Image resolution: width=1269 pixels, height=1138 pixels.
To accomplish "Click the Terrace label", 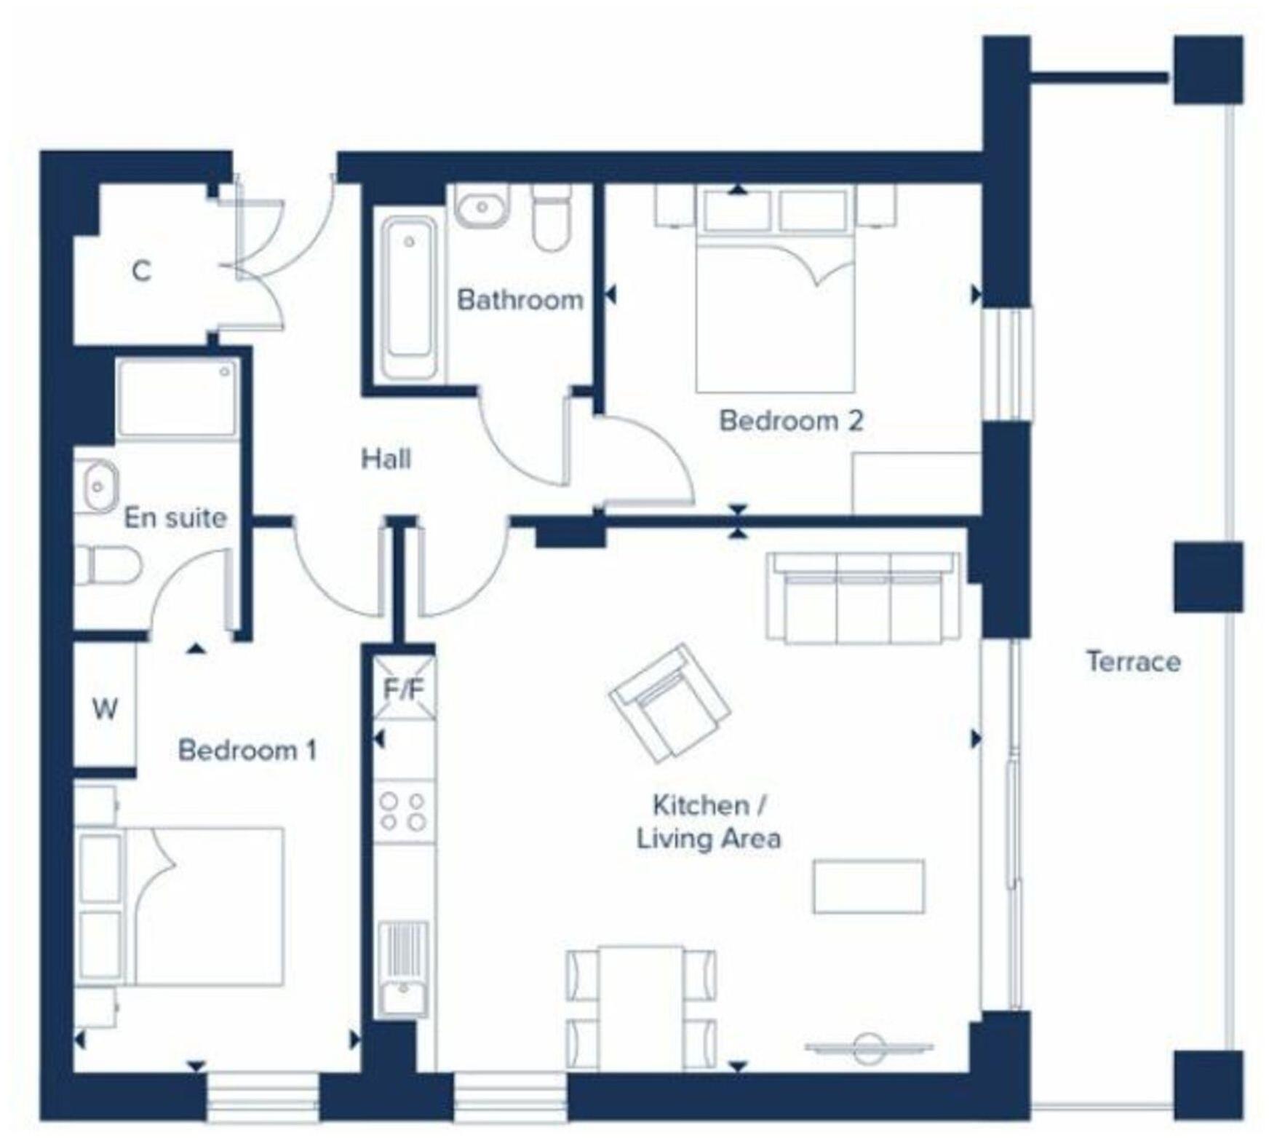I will tap(1133, 661).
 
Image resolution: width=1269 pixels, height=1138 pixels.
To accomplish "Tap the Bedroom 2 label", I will tap(791, 420).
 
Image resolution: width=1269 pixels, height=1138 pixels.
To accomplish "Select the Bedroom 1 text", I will tap(247, 750).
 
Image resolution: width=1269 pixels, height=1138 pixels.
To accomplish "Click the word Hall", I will tap(386, 459).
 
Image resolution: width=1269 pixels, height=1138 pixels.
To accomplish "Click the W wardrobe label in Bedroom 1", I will tap(105, 708).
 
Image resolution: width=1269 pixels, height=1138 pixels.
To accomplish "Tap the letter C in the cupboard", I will tap(141, 271).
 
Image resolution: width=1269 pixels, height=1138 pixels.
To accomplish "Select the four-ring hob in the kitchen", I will tap(404, 811).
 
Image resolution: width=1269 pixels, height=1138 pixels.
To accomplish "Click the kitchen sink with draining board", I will tap(403, 969).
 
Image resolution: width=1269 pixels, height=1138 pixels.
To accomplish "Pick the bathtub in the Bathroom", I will tap(409, 296).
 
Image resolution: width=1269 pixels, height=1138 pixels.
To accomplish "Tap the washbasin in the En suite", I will tap(97, 485).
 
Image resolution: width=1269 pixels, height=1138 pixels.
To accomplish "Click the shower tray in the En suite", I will tap(177, 398).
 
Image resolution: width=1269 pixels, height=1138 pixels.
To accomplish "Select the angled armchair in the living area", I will tap(669, 703).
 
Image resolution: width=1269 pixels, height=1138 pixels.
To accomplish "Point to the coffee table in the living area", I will tap(868, 886).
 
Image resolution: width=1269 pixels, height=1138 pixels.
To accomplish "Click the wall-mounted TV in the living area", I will tap(868, 1048).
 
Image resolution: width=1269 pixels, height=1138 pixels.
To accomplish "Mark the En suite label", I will tap(175, 518).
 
